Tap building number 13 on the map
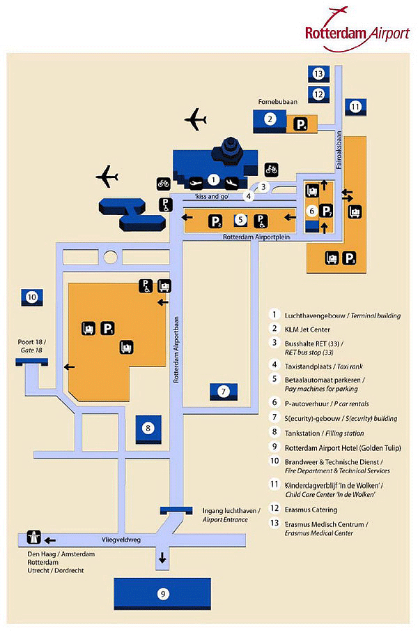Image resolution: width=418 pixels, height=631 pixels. coord(318,74)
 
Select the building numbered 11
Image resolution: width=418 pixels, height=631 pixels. coord(355,107)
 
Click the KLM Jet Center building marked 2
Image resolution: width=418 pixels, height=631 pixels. coord(270,121)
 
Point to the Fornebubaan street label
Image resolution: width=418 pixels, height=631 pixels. coord(278,102)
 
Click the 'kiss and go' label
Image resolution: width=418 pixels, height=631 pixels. coord(212,196)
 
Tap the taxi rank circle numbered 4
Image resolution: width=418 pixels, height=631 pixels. coord(249,196)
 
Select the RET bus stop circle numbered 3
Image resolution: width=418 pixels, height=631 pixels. coord(263,187)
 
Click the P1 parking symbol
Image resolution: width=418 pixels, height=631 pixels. coord(107,328)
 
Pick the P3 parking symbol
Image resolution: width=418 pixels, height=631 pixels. coord(349,258)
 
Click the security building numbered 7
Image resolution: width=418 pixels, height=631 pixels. coord(224,392)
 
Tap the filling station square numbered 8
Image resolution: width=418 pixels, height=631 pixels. coord(148,429)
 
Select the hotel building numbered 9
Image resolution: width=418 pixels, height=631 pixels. coord(162,594)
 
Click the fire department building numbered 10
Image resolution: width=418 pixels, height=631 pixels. coord(32,297)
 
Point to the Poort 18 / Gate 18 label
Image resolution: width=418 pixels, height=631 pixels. coord(32,346)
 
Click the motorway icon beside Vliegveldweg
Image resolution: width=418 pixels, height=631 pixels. coord(33,537)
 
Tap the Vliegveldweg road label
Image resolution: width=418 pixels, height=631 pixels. coord(121,540)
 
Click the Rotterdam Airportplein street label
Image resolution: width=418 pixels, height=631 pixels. coord(256,237)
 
